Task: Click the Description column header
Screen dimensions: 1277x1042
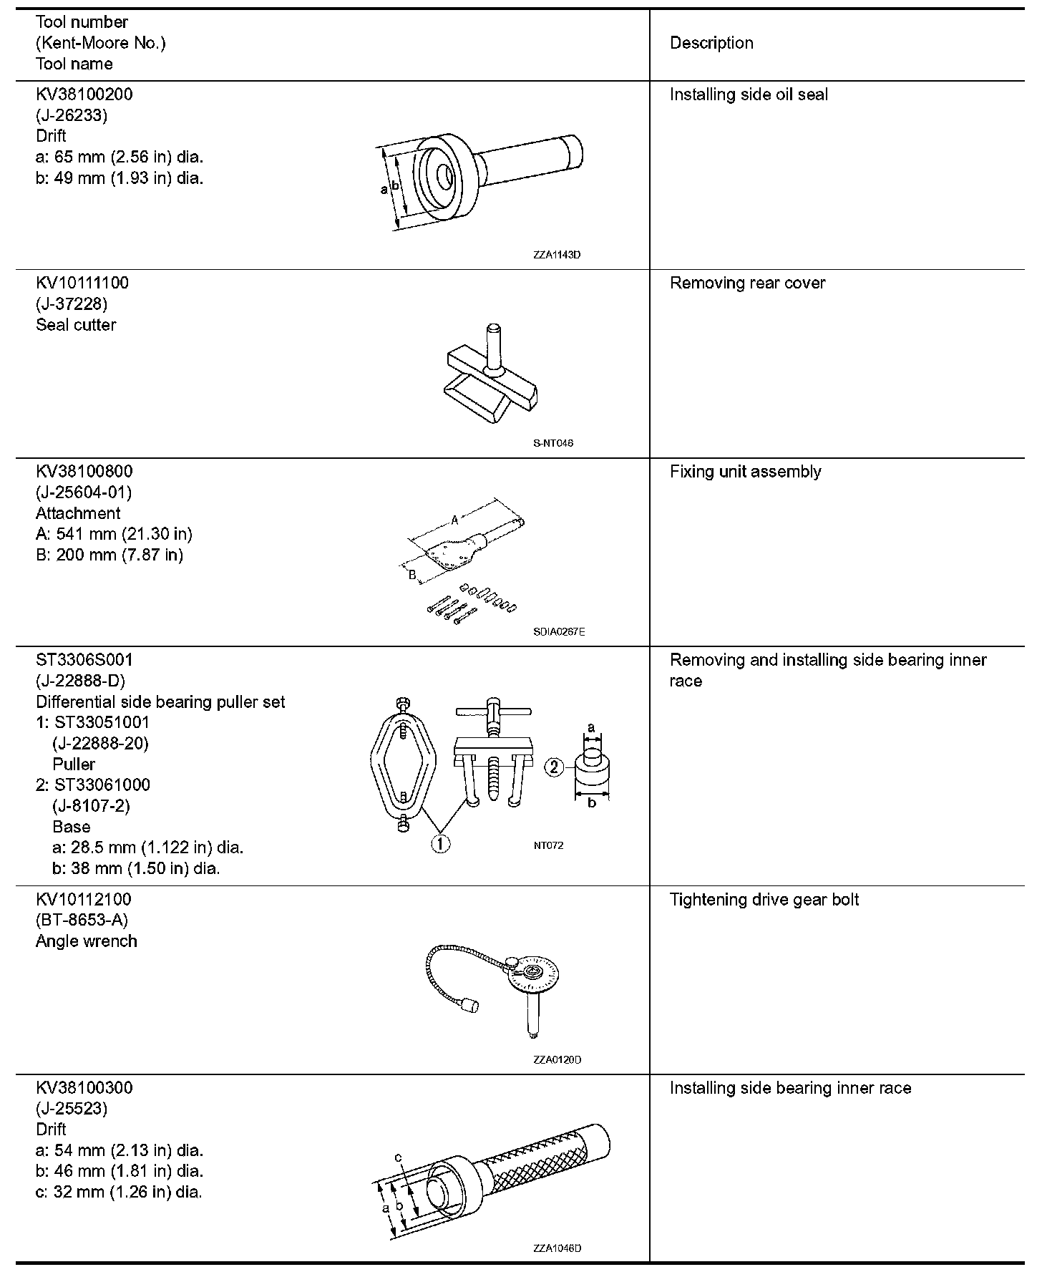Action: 711,43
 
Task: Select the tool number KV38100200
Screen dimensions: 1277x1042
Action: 84,94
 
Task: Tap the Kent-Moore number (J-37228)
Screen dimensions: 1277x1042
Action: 72,304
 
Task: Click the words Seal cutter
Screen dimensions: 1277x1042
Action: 76,325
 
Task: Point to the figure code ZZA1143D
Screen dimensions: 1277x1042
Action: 557,255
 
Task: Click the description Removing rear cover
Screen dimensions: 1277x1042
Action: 747,283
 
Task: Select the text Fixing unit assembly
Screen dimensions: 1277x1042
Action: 745,472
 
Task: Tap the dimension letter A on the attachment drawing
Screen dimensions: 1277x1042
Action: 454,521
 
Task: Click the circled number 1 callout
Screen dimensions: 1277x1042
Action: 440,844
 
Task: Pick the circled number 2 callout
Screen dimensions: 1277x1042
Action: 555,767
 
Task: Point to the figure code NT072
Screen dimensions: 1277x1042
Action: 548,845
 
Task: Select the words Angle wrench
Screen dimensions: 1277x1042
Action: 86,941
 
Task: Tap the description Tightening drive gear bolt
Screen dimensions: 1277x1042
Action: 764,900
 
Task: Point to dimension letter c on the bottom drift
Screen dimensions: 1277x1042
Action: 398,1157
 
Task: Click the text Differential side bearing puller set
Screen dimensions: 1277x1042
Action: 160,702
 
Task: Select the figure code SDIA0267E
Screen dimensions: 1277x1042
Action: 559,632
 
